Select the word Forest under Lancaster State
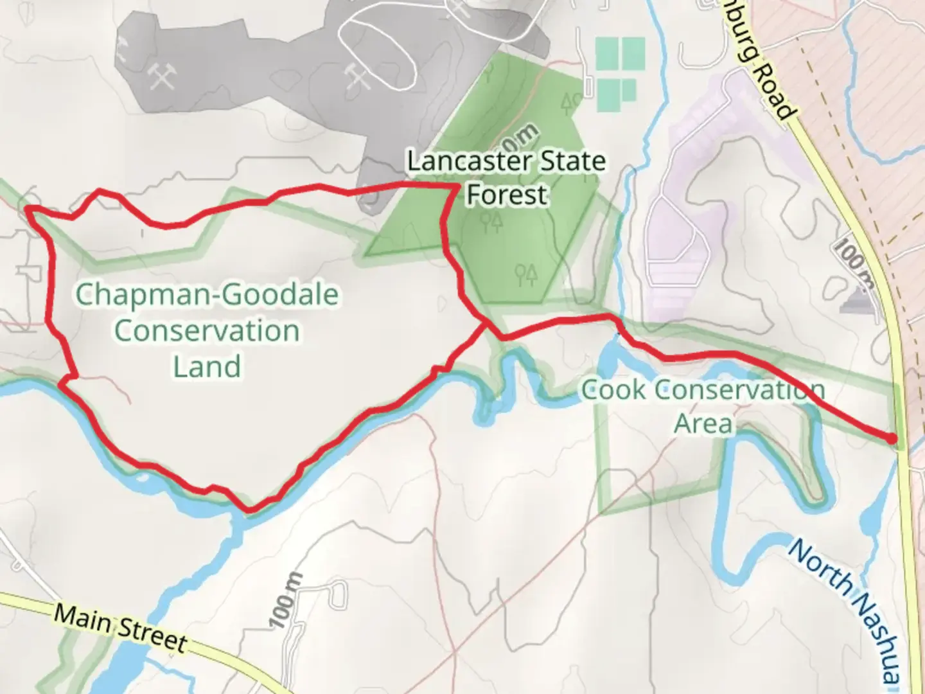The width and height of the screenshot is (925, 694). pyautogui.click(x=507, y=194)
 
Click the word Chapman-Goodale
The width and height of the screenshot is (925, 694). pyautogui.click(x=207, y=296)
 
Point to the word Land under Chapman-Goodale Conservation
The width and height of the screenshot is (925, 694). pyautogui.click(x=207, y=367)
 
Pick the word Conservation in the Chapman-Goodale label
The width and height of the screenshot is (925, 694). pyautogui.click(x=207, y=332)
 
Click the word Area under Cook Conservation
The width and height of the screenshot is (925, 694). pyautogui.click(x=703, y=424)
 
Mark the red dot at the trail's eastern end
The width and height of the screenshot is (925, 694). pyautogui.click(x=892, y=438)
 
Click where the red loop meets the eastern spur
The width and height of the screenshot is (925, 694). pyautogui.click(x=486, y=323)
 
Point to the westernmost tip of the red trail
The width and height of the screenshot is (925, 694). pyautogui.click(x=26, y=209)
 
